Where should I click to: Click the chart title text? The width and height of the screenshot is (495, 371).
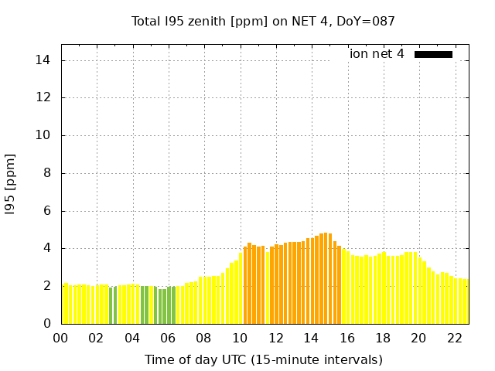point(263,22)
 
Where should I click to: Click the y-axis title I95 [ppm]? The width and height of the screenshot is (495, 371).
point(11,184)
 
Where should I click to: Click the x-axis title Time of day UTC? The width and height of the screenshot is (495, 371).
point(263,359)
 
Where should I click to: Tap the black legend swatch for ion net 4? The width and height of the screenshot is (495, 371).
point(433,54)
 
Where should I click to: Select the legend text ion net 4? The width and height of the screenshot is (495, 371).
point(377,54)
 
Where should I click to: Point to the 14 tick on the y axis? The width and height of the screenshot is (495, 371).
point(45,60)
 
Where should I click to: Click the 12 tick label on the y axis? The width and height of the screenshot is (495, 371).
point(45,98)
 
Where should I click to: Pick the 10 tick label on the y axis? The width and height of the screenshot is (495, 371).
point(45,135)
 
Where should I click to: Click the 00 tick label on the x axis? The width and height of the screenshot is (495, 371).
point(60,338)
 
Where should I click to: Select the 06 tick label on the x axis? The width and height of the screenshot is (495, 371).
point(168,338)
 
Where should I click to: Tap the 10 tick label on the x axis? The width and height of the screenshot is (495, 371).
point(240,338)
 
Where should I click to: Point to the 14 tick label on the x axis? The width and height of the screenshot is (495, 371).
point(311,338)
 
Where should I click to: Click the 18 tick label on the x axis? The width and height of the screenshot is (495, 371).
point(383,338)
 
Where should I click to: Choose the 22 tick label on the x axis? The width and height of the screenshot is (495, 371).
point(454,338)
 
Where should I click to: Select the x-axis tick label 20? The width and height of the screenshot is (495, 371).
point(418,338)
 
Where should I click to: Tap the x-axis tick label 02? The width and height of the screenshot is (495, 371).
point(96,338)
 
